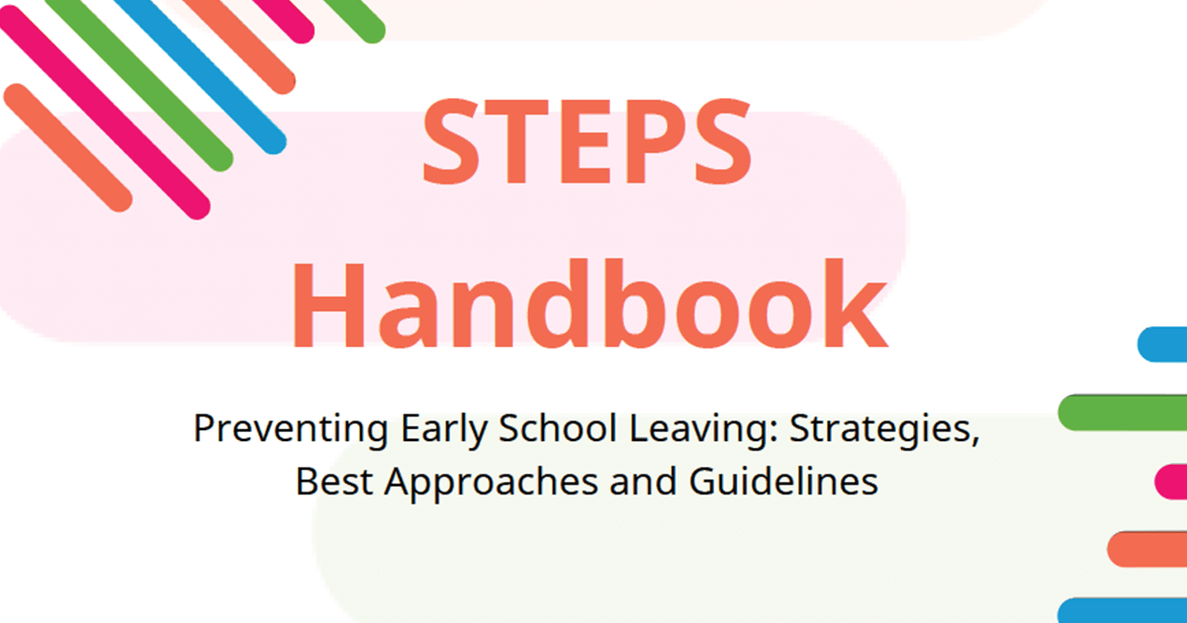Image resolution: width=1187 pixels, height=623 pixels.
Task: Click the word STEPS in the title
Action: (x=587, y=145)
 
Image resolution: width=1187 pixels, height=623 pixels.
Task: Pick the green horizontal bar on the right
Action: (x=1123, y=412)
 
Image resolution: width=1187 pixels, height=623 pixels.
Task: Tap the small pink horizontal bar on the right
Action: (x=1171, y=482)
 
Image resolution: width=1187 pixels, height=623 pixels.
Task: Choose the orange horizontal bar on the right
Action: (x=1147, y=549)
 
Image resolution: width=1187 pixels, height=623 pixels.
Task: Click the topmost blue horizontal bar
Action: (x=1163, y=343)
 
